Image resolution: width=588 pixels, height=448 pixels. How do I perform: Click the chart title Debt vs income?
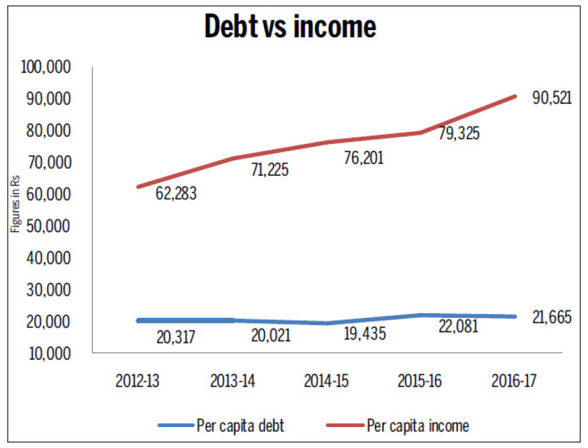pos(290,27)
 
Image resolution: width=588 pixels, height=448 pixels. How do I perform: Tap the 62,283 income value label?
pos(176,194)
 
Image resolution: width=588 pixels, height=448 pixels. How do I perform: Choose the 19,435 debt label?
pos(364,334)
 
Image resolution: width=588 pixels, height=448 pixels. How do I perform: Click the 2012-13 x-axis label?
pos(139,382)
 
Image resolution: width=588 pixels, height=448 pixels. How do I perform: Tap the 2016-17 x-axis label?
pos(515,382)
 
